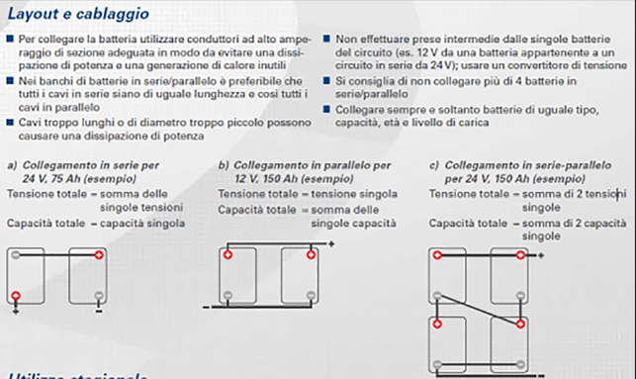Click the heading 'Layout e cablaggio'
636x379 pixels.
[x=79, y=14]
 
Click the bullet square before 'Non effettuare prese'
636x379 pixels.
[x=327, y=38]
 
